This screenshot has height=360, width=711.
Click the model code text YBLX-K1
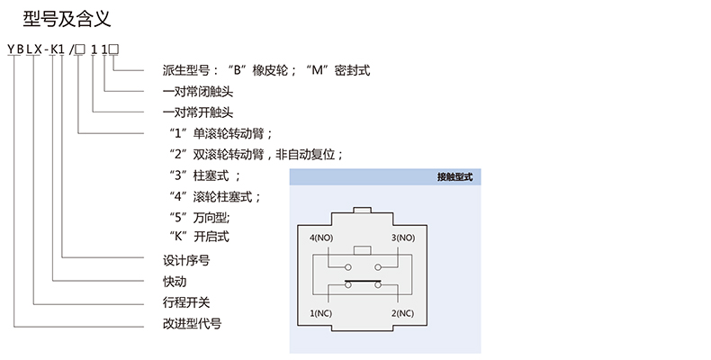[x=39, y=49]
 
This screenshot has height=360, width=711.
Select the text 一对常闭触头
[x=198, y=91]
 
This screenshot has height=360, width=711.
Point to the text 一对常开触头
[x=198, y=112]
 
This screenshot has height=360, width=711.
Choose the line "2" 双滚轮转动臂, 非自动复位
[x=256, y=154]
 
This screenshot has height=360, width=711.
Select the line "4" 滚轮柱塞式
[x=215, y=195]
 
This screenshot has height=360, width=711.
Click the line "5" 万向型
[x=200, y=216]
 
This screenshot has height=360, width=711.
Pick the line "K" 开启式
[x=200, y=237]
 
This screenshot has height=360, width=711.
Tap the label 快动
[x=174, y=281]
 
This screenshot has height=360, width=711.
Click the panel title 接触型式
[x=454, y=179]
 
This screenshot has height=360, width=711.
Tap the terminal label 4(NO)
[x=324, y=238]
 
